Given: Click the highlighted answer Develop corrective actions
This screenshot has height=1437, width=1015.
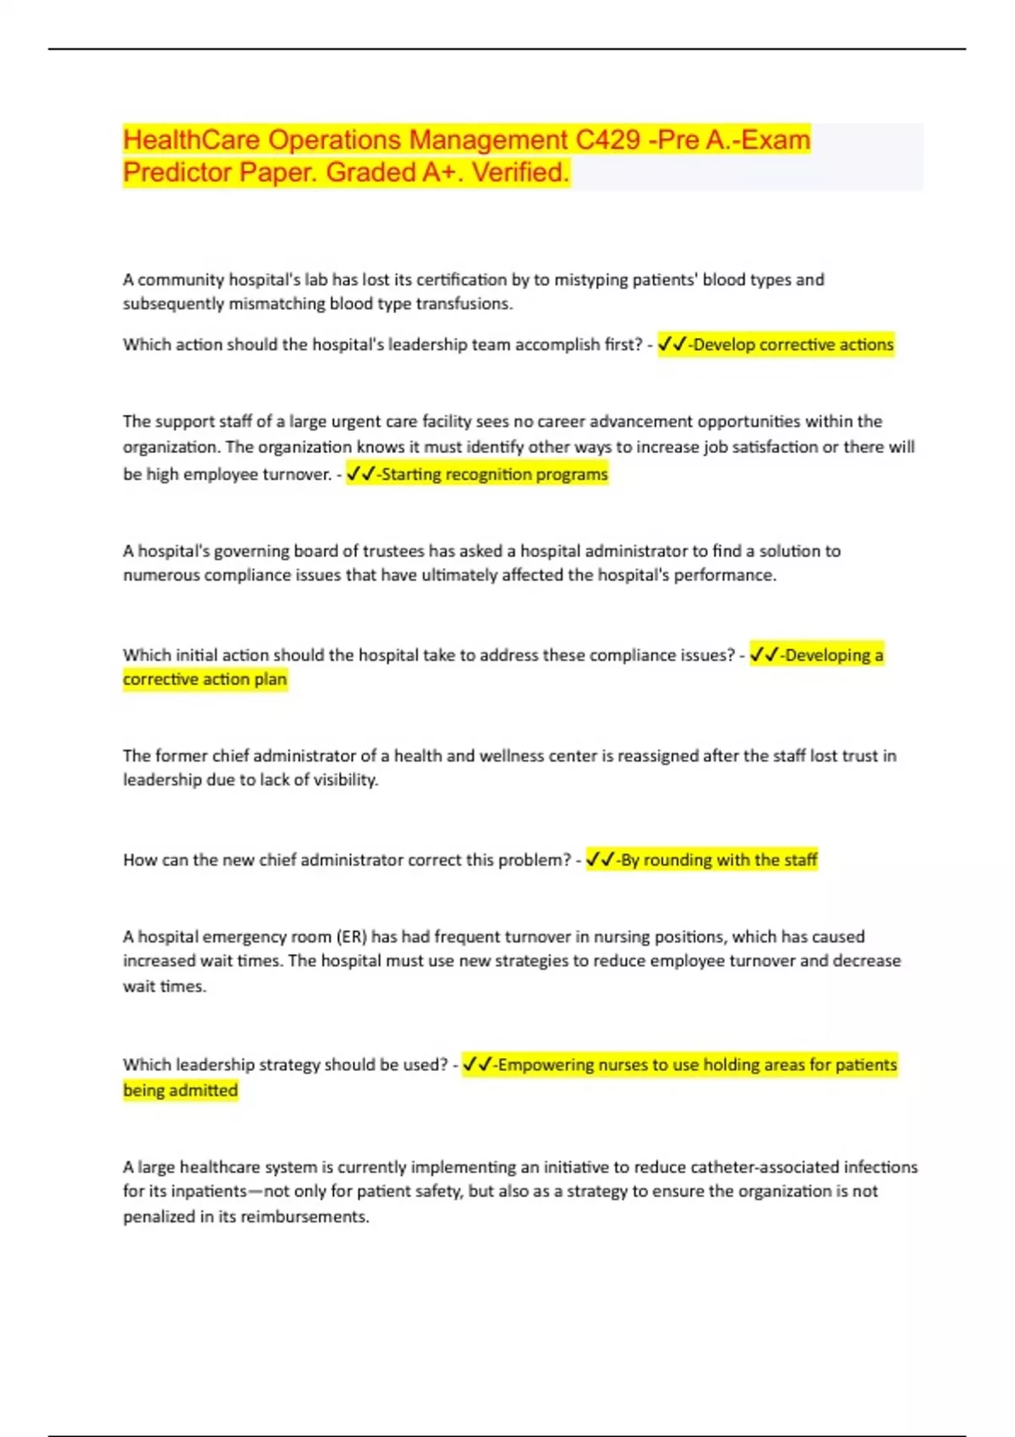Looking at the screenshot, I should point(793,345).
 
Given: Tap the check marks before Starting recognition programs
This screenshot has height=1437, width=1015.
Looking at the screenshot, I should point(360,474).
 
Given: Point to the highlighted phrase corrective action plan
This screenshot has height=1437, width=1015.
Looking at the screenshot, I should point(205,680).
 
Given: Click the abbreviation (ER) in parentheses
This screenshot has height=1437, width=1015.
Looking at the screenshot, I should point(351,937).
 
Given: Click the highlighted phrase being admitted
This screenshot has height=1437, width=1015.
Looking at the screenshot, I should point(180,1090).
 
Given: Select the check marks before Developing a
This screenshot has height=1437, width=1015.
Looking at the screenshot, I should point(764,655).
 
